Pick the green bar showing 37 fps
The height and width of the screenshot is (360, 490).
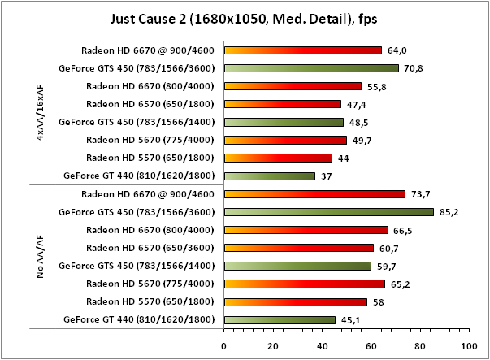(269, 176)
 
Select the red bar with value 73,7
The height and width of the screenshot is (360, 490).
(314, 194)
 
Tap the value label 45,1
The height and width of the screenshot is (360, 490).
(350, 320)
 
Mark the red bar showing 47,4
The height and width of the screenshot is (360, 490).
(282, 104)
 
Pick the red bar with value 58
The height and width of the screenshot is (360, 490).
(295, 301)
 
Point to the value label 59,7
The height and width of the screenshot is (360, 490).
(386, 266)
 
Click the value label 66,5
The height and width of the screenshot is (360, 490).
(403, 230)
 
